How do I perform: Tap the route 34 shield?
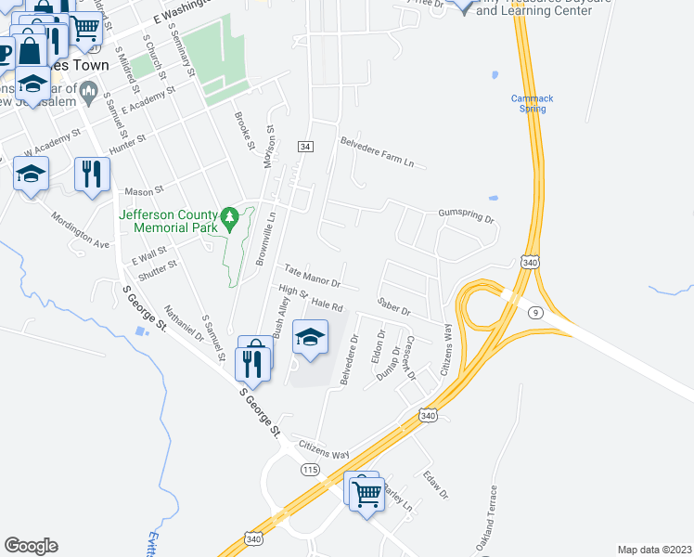coord(304,147)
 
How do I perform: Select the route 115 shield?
coord(309,471)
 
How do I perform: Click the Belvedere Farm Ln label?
coord(376,152)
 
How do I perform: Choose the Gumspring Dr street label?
coord(467,216)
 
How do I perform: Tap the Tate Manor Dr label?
coord(312,274)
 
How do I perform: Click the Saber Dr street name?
coord(394,305)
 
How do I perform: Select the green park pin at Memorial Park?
coord(231,219)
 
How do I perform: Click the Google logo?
coord(31,546)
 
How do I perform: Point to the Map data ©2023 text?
coord(654,550)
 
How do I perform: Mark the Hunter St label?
coord(128,142)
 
